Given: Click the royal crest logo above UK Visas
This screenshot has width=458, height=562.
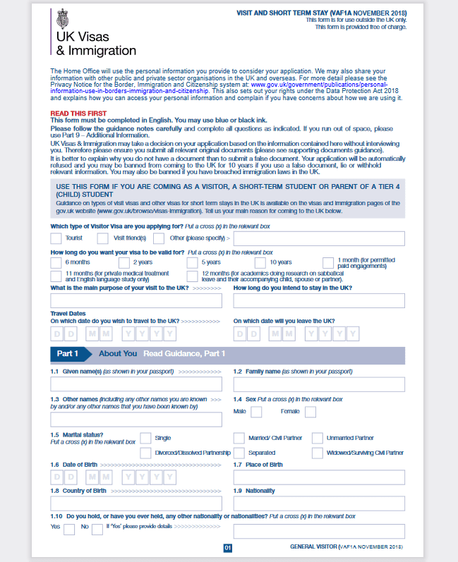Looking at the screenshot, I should point(62,16).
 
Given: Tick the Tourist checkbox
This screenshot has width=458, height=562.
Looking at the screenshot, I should point(56,238).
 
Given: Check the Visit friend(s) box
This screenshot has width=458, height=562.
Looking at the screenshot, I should point(103,238).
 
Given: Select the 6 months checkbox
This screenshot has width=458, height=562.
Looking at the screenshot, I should point(56,262).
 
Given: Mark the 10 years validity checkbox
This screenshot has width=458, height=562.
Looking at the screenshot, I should point(260,262).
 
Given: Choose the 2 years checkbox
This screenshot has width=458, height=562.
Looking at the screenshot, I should point(124,262).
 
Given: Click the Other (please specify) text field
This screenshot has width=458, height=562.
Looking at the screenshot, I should point(324,238).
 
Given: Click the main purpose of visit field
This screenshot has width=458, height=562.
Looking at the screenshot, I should point(136,300).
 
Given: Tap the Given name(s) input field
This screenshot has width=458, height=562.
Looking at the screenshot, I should point(136,384).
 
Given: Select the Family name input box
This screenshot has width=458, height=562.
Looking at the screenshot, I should point(319,384).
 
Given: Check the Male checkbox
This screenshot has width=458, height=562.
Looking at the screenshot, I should point(256,412).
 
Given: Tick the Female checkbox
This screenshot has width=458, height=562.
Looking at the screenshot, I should point(310,412).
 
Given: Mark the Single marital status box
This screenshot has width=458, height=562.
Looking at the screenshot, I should point(146,438).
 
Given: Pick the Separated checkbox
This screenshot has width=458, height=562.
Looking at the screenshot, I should point(239,453).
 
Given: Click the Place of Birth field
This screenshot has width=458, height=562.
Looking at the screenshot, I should point(319,477).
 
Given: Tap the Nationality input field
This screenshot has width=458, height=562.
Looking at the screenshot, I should point(319,503).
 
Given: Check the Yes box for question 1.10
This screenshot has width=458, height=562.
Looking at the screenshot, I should point(69,530).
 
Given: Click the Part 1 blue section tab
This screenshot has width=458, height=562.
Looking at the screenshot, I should point(68,353).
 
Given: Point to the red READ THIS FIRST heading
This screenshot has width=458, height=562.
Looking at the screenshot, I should point(78,114).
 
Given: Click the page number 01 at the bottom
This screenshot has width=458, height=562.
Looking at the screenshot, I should point(228,548).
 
